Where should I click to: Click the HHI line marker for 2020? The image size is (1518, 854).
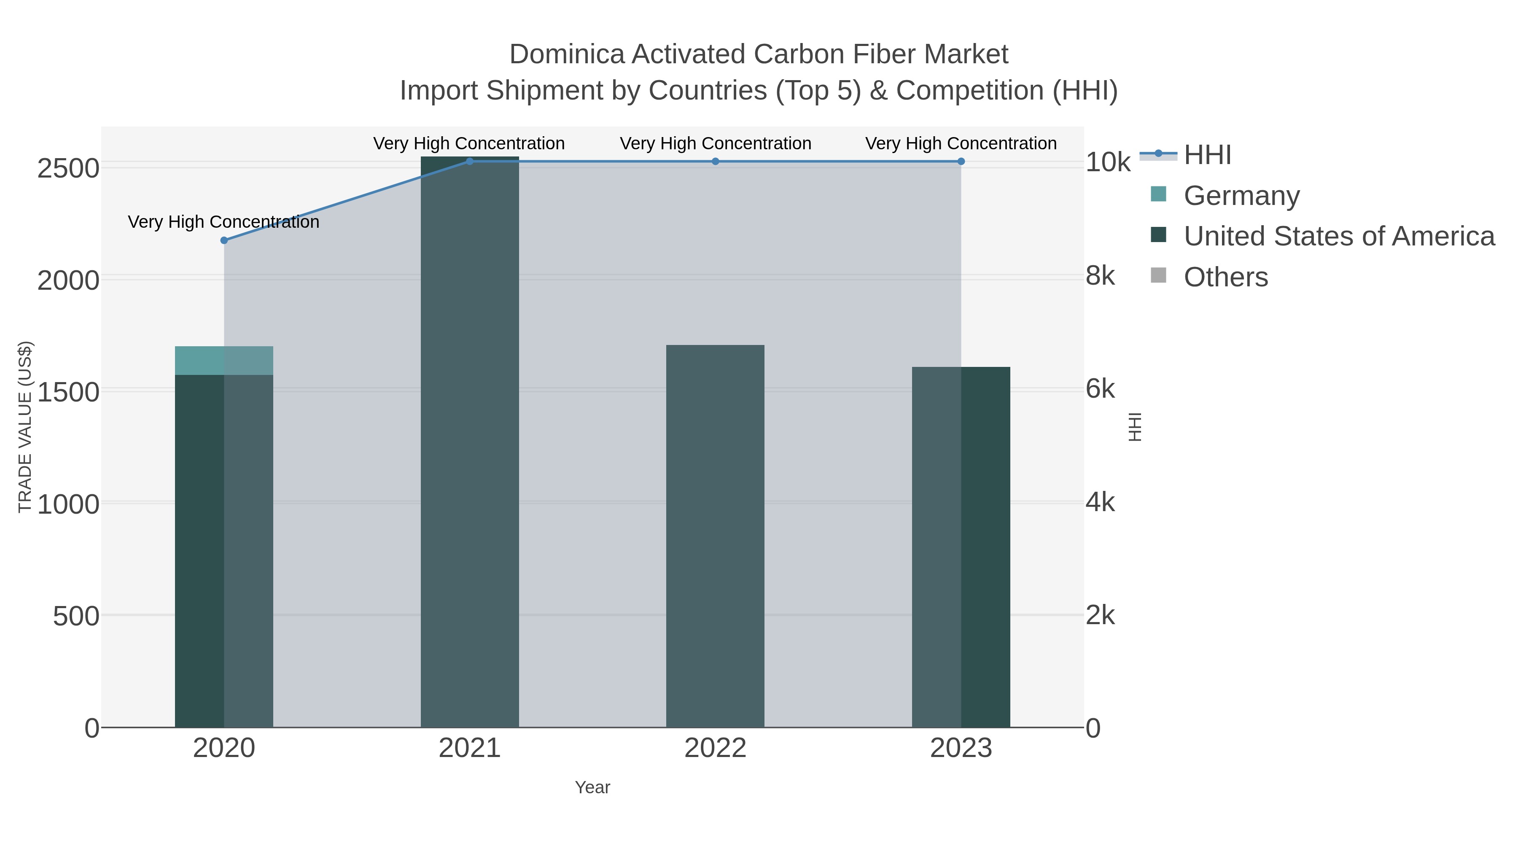224,240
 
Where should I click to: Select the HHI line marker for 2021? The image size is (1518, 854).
470,162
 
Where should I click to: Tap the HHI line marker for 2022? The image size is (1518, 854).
716,162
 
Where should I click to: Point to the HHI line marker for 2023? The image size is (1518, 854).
961,162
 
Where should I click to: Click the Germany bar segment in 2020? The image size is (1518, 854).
224,361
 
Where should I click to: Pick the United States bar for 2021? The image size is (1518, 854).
470,442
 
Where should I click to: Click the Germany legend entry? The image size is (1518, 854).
1241,196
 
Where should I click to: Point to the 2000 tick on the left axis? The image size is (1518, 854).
68,281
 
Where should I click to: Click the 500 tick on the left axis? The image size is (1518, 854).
76,617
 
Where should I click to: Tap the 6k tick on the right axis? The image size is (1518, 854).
1100,389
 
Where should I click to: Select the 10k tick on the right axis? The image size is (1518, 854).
1108,163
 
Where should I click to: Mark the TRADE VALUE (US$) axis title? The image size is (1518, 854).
25,427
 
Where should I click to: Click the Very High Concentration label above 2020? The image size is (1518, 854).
224,222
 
